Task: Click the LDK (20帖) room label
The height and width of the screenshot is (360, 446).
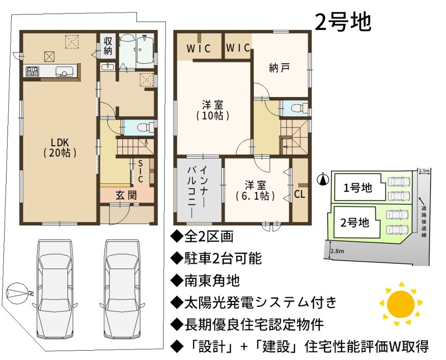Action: [60, 147]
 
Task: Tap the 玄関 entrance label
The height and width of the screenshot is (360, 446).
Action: [126, 195]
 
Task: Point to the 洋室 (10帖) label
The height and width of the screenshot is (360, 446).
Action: [212, 110]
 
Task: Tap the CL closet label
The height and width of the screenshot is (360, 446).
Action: [300, 194]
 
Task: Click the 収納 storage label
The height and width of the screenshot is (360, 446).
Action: [108, 46]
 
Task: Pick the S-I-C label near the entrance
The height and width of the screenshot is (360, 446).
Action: [140, 171]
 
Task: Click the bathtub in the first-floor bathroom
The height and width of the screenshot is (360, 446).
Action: [145, 50]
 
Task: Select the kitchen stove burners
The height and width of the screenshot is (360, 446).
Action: [32, 71]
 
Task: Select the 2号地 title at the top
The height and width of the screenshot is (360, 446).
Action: [343, 22]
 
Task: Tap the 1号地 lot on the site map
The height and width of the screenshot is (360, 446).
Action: [357, 188]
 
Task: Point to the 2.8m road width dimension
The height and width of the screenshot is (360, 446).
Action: [337, 251]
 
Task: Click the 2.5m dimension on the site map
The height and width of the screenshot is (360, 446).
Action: [424, 171]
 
